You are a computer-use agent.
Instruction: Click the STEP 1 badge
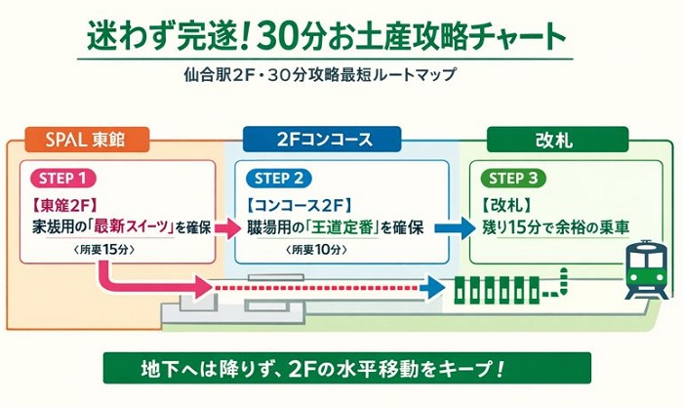point(65,178)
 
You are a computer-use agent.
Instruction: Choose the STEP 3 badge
point(510,178)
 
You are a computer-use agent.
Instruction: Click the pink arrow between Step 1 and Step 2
point(226,228)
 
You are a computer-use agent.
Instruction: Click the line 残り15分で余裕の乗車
point(556,227)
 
